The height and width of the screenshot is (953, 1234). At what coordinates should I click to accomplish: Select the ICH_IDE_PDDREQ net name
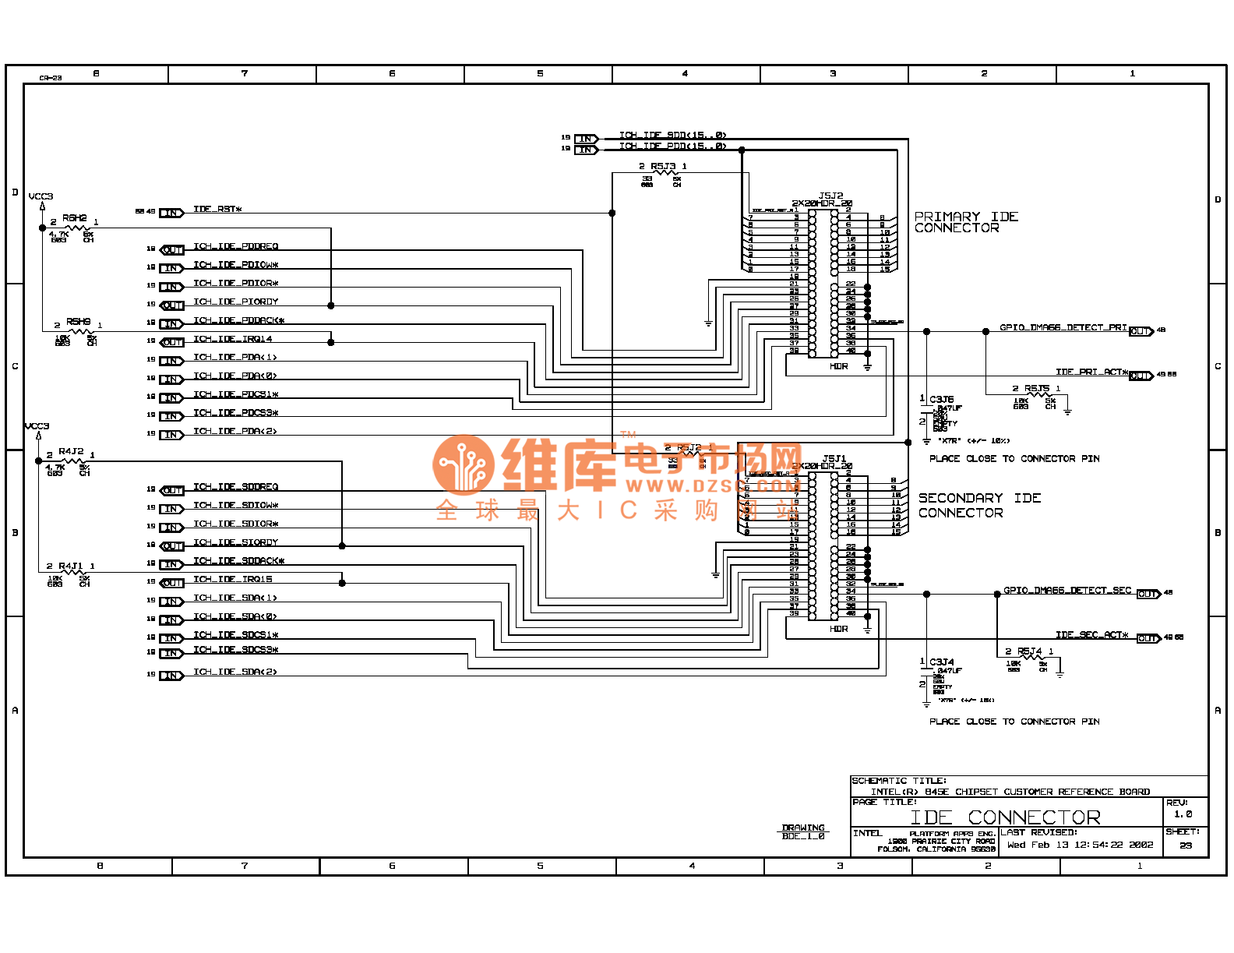pyautogui.click(x=235, y=247)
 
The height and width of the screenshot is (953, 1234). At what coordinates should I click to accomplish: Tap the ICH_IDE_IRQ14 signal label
pyautogui.click(x=232, y=339)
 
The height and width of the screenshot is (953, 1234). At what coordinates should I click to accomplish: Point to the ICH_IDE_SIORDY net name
pyautogui.click(x=235, y=542)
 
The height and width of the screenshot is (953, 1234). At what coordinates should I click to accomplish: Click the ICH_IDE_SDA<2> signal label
pyautogui.click(x=234, y=672)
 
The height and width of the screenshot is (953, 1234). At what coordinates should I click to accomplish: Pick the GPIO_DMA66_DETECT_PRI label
pyautogui.click(x=1063, y=328)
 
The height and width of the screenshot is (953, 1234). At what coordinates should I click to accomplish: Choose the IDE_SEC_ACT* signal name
pyautogui.click(x=1091, y=635)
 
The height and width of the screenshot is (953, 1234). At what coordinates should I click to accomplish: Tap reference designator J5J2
pyautogui.click(x=830, y=196)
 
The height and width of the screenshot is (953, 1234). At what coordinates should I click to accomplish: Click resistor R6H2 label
pyautogui.click(x=75, y=218)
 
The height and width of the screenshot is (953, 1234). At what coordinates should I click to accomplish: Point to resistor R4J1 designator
pyautogui.click(x=70, y=567)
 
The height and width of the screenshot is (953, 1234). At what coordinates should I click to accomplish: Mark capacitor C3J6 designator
pyautogui.click(x=941, y=400)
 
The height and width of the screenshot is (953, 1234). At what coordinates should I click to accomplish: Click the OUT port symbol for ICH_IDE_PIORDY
pyautogui.click(x=172, y=305)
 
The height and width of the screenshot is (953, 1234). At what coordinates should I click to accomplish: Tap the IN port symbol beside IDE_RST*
pyautogui.click(x=171, y=213)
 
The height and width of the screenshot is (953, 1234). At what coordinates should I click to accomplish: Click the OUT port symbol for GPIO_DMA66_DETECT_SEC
pyautogui.click(x=1148, y=595)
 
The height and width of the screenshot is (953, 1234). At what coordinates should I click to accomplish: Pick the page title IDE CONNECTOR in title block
pyautogui.click(x=1005, y=817)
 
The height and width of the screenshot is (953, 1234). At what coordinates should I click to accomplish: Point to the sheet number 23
pyautogui.click(x=1185, y=845)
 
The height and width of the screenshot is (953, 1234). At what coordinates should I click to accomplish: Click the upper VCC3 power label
pyautogui.click(x=41, y=196)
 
